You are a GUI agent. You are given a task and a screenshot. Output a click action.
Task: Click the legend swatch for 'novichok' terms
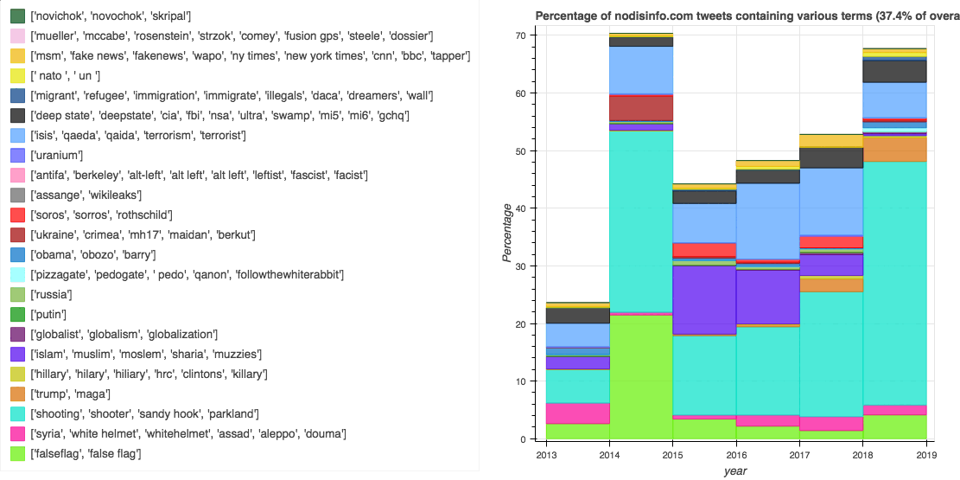[17, 16]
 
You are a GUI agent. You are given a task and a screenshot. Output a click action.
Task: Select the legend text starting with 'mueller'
[232, 35]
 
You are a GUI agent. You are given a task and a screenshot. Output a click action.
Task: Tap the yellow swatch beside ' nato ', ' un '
[17, 75]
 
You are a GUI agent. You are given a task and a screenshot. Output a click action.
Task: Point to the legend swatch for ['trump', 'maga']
[17, 394]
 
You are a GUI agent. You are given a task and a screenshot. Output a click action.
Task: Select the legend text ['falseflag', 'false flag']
[86, 453]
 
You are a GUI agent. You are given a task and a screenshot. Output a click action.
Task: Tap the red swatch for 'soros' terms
[17, 214]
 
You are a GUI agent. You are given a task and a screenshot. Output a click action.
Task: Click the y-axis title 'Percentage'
[509, 233]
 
